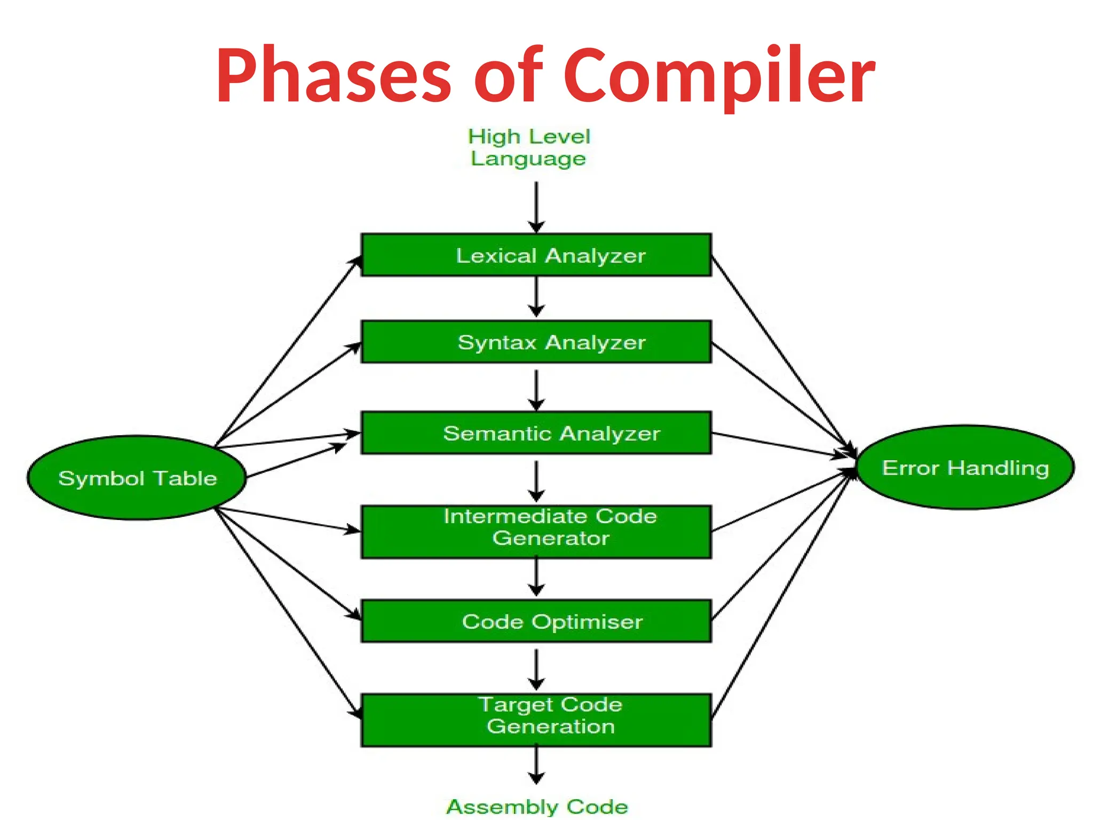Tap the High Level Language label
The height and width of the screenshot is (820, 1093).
pos(529,147)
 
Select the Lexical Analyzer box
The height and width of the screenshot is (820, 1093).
pos(536,255)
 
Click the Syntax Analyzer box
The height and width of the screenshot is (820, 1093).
pos(536,342)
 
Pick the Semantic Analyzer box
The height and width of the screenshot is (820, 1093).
pos(536,433)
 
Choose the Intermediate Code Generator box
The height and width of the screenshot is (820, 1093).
pos(536,532)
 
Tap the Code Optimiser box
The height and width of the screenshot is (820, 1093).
pos(536,621)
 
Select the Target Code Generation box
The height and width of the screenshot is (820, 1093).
pos(536,720)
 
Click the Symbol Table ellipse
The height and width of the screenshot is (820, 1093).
pos(137,478)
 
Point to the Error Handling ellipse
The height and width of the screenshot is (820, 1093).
pos(965,468)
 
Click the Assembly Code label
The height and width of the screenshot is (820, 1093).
pos(537,806)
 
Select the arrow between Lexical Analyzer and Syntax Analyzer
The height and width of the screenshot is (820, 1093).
pos(536,296)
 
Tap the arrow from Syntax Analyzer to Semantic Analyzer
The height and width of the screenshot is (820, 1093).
pos(536,390)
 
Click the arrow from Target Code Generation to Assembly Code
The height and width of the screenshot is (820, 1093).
pos(536,764)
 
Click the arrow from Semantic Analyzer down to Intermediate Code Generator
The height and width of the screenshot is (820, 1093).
pos(536,480)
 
